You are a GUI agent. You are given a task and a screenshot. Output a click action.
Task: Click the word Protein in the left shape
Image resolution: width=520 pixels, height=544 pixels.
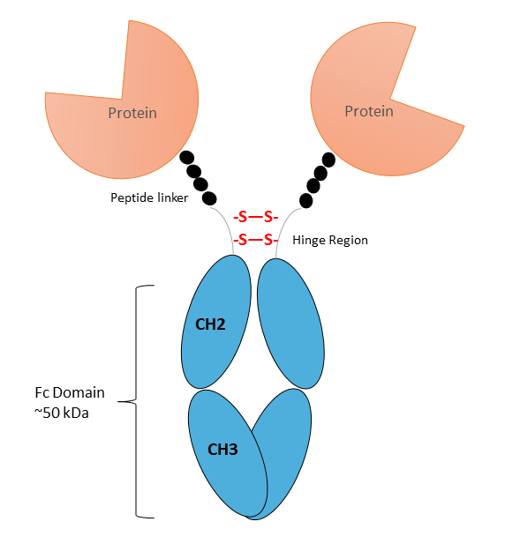(132, 113)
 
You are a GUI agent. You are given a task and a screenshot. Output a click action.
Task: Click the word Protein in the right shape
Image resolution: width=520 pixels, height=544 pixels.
(369, 111)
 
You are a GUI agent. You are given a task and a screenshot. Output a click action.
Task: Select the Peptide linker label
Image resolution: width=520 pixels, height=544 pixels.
(149, 197)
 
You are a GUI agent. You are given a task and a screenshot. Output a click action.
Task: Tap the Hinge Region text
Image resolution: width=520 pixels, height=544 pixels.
(330, 240)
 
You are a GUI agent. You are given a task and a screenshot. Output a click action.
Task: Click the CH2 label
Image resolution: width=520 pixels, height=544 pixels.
(210, 324)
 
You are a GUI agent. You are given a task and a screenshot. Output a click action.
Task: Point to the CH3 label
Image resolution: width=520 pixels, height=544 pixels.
(222, 450)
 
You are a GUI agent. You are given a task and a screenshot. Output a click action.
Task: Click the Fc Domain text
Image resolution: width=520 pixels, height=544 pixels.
(70, 392)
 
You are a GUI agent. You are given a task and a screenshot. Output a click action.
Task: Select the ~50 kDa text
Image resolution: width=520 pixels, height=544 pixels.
(62, 413)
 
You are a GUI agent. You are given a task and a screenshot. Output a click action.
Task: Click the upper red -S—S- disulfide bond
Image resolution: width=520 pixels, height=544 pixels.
(256, 217)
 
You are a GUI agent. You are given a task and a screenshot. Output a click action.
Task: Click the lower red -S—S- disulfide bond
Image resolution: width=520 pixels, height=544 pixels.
(256, 240)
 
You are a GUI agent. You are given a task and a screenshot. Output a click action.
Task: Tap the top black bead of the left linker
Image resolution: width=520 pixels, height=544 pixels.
(187, 158)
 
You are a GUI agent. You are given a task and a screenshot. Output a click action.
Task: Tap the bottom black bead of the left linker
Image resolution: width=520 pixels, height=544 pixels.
(209, 198)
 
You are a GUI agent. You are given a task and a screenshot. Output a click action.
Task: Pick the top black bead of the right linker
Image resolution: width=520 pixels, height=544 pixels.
(328, 160)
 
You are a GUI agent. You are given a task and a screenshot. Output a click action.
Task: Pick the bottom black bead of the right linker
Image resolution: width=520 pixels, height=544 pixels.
(305, 201)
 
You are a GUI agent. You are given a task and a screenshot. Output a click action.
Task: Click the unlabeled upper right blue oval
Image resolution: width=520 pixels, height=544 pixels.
(290, 324)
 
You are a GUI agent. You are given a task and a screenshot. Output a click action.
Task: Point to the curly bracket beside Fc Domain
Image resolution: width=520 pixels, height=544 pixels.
(135, 401)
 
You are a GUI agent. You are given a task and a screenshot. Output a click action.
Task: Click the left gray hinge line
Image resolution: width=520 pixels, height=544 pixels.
(227, 226)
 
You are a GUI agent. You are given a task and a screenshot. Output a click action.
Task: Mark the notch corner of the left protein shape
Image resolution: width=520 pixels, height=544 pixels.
(122, 99)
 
